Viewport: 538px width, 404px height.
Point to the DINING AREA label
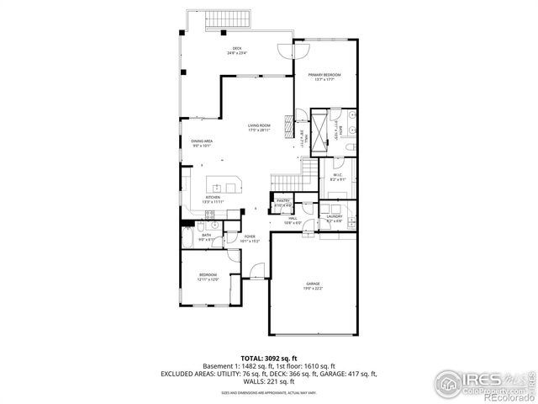pyautogui.click(x=201, y=143)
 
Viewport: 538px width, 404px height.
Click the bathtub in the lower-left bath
pyautogui.click(x=187, y=240)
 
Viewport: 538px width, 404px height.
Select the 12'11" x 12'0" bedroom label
pyautogui.click(x=208, y=277)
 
